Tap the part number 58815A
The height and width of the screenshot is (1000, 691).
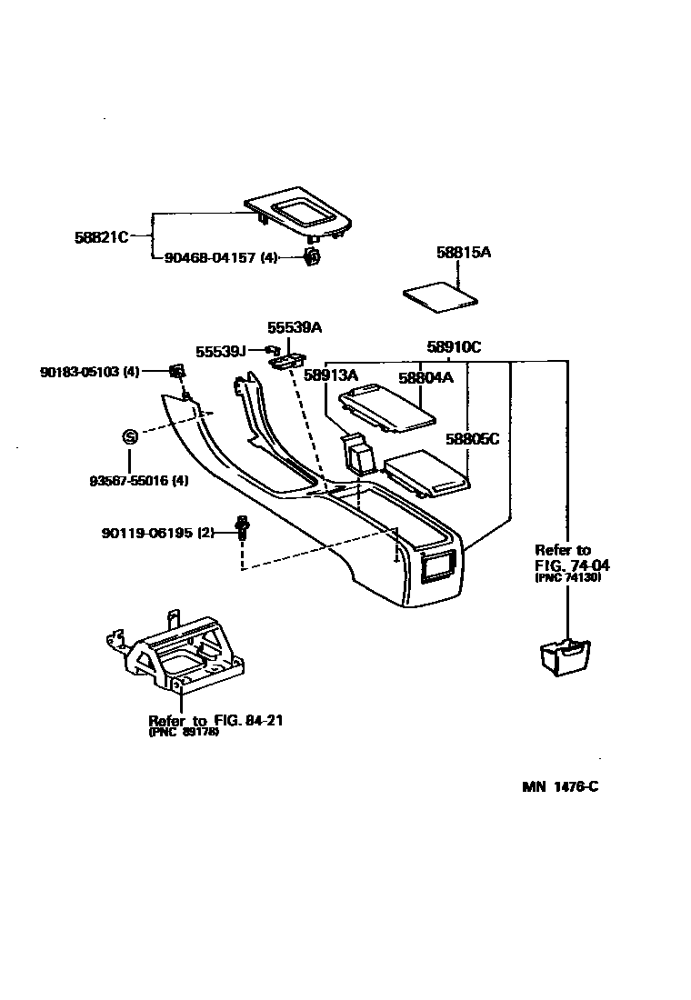[x=463, y=252]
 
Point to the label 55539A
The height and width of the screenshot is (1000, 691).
[x=295, y=327]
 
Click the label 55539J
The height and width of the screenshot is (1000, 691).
[x=221, y=351]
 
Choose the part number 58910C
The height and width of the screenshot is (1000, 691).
[x=454, y=346]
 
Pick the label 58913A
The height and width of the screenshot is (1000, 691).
[x=331, y=375]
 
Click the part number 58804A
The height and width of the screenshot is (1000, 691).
[x=425, y=376]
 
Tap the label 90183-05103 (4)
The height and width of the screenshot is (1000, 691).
[x=90, y=372]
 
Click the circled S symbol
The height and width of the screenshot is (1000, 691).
[x=129, y=437]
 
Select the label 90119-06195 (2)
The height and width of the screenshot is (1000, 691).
[x=157, y=533]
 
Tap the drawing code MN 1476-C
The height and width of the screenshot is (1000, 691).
[x=560, y=786]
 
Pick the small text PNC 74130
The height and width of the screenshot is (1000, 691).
[x=568, y=577]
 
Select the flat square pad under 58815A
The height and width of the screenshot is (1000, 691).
[x=442, y=295]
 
